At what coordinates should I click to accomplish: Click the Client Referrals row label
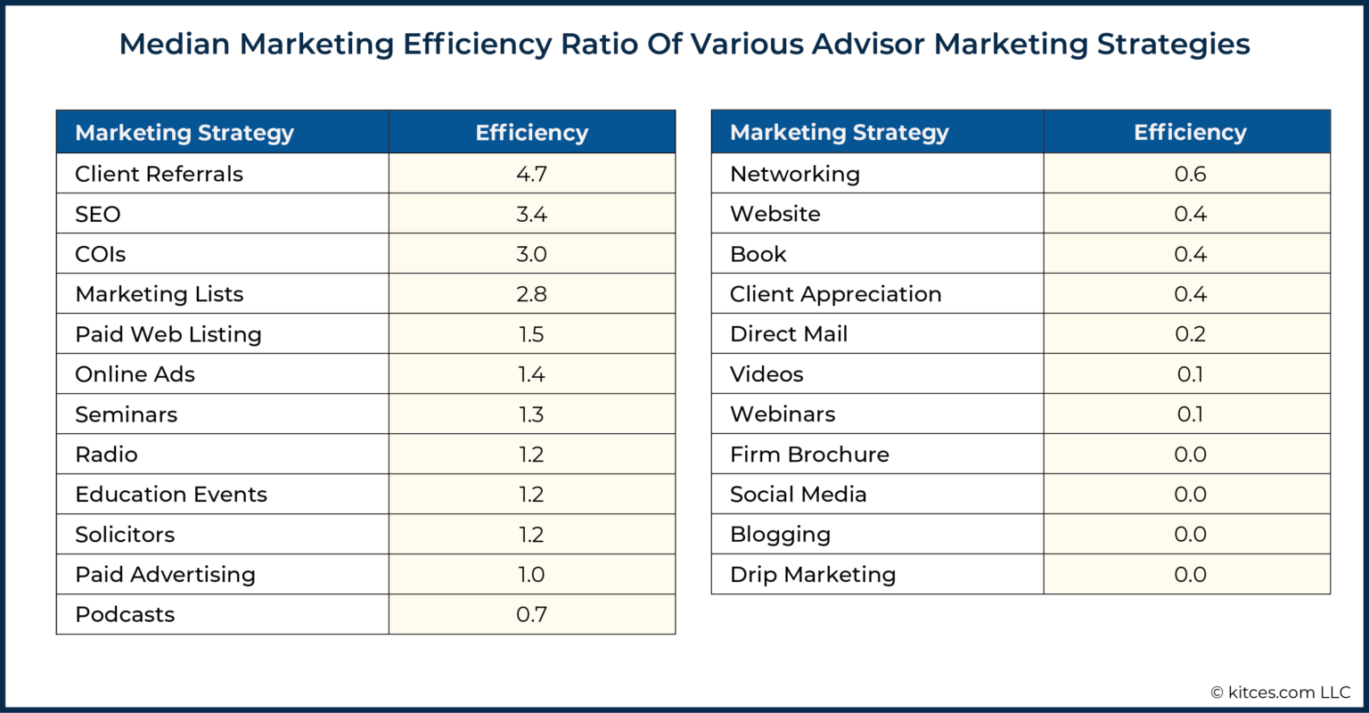(x=159, y=174)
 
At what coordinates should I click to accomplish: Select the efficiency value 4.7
(x=531, y=174)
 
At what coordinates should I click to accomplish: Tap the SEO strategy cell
(x=98, y=214)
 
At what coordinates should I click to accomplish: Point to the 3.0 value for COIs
(x=531, y=254)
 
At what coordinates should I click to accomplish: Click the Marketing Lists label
(x=159, y=294)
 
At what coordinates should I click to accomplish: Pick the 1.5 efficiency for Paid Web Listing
(x=531, y=334)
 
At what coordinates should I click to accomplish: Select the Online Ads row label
(x=135, y=374)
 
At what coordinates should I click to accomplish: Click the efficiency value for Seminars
(x=531, y=414)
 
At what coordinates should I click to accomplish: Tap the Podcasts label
(x=125, y=614)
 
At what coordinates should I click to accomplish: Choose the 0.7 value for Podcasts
(x=531, y=614)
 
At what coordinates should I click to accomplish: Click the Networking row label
(x=794, y=174)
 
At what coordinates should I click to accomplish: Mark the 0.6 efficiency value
(x=1190, y=174)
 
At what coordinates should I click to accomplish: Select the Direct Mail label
(x=788, y=334)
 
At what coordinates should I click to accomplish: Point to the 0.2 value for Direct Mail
(x=1190, y=334)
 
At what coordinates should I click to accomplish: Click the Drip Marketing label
(x=812, y=575)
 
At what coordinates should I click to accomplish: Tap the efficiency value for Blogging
(x=1190, y=535)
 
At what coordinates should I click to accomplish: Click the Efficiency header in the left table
(x=531, y=133)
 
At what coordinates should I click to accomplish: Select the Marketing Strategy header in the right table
(x=839, y=133)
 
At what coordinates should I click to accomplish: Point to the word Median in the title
(x=175, y=44)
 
